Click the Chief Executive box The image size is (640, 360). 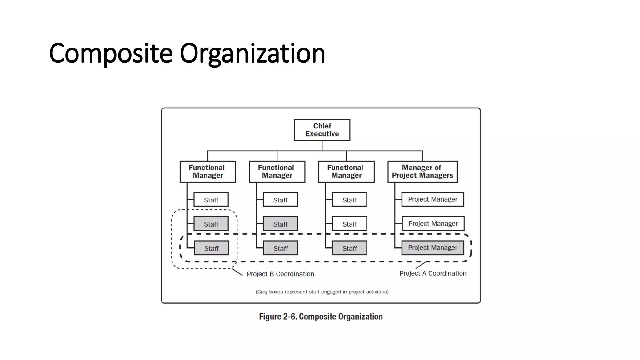coord(322,130)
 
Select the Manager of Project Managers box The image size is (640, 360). coord(422,172)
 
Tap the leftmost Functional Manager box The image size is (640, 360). coord(208,172)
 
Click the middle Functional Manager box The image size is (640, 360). coord(277,172)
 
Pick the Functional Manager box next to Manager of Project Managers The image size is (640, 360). coord(346,172)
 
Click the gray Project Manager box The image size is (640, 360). coord(432,248)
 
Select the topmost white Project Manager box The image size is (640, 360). coord(432,199)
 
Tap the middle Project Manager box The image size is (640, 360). coord(433,224)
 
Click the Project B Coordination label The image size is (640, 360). coord(280,274)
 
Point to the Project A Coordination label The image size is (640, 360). coord(433,273)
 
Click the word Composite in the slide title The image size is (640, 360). coord(111,53)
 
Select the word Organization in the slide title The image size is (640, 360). coord(252,53)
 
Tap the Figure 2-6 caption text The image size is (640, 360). coord(321,317)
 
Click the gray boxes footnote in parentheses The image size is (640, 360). coord(322,292)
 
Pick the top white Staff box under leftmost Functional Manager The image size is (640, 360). coord(211,199)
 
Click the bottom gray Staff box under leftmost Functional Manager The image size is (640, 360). coord(211,248)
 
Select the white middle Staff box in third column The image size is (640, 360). coord(349,224)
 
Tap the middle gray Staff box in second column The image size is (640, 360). coord(280,224)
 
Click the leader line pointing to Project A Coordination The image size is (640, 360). coord(421,265)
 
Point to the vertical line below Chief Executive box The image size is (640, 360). coord(322,146)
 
